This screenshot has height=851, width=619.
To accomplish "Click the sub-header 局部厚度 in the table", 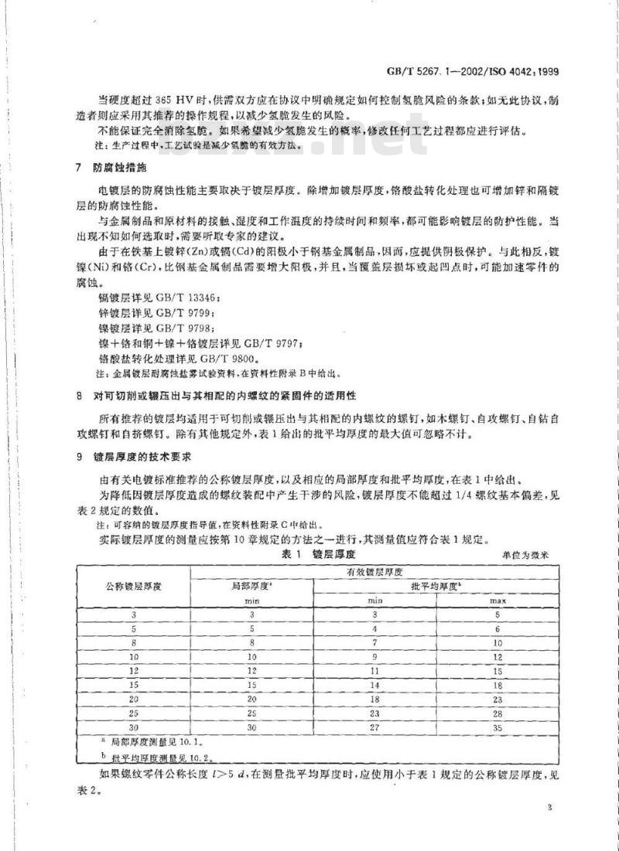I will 251,586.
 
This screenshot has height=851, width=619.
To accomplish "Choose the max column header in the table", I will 498,600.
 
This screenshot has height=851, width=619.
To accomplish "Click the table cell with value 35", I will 498,727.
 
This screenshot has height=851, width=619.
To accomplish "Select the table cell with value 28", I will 498,712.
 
